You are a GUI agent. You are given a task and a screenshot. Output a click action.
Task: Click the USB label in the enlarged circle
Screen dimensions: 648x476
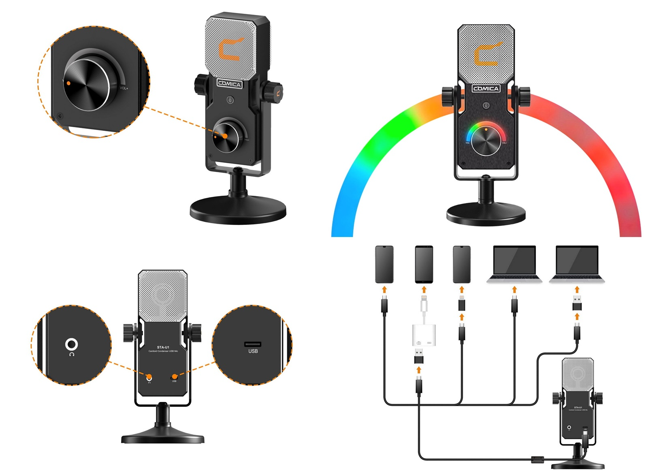coord(253,351)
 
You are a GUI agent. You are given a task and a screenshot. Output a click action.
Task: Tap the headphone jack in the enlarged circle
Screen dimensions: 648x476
coord(72,344)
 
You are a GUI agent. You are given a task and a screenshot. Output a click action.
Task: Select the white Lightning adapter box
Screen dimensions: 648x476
coord(424,335)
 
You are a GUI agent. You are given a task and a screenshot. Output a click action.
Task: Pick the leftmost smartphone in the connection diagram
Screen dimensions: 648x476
coord(384,264)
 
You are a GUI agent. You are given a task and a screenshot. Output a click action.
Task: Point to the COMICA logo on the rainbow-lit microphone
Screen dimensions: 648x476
coord(486,88)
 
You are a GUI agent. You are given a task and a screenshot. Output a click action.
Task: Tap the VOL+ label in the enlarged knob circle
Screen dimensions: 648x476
coord(124,88)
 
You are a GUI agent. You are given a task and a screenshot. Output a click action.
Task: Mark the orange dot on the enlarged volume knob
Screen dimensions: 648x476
coord(69,83)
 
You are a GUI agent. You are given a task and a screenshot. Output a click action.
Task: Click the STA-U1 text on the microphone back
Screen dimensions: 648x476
coord(163,347)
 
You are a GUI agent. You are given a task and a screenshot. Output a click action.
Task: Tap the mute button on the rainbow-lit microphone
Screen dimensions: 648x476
coord(486,105)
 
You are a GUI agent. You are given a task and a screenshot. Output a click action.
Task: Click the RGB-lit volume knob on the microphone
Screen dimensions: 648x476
coord(486,141)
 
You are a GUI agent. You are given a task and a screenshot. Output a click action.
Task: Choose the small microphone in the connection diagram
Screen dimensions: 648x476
coord(578,409)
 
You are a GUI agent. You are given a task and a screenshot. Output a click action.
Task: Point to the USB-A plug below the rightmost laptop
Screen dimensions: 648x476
coord(577,303)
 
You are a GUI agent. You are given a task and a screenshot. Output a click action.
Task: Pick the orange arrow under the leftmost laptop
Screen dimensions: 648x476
coord(514,290)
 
